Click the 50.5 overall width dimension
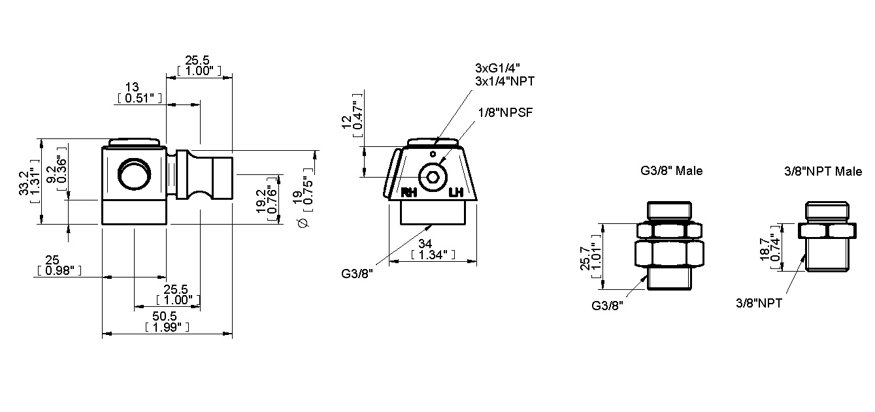click(167, 316)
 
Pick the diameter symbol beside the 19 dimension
click(302, 223)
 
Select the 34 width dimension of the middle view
click(431, 244)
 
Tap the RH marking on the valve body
click(409, 193)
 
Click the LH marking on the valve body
click(456, 193)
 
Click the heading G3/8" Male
click(671, 171)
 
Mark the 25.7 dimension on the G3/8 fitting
click(586, 257)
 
